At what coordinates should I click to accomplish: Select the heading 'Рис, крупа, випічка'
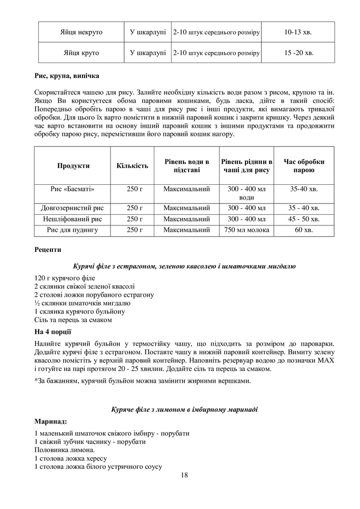67,76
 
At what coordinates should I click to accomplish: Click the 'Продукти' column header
74,165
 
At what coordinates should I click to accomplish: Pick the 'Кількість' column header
132,165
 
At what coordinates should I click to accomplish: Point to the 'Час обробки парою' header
304,165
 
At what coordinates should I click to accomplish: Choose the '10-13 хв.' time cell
298,32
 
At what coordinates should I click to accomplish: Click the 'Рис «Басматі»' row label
73,189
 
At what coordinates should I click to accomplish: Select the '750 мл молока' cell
246,230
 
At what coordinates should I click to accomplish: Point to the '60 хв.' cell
304,230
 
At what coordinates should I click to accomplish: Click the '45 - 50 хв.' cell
304,219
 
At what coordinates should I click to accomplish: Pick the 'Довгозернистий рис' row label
72,208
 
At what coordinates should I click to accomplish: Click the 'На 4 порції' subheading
52,331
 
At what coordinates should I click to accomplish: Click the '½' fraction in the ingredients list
37,303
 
